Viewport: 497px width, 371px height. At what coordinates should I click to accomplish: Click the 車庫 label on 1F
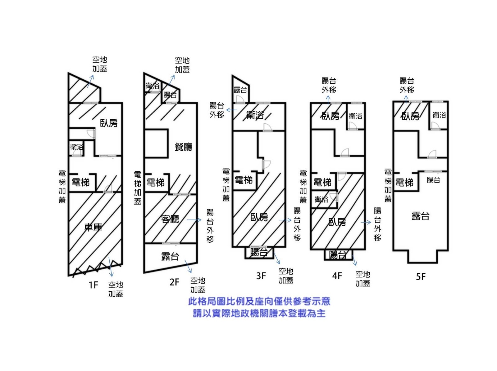(93, 227)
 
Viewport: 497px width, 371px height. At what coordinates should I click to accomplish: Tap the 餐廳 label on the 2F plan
(183, 147)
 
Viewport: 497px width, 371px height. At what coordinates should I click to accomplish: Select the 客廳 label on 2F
(170, 219)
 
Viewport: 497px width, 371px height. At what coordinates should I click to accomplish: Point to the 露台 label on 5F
(421, 216)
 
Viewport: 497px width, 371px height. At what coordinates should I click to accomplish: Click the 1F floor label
(93, 285)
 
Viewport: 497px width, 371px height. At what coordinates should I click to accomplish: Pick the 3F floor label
(261, 276)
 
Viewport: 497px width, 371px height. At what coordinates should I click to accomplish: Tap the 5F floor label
(421, 276)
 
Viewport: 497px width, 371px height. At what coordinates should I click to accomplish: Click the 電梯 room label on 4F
(322, 183)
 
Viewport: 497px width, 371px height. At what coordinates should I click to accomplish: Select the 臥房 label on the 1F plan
(109, 123)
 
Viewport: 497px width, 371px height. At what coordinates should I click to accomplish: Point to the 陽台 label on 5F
(433, 180)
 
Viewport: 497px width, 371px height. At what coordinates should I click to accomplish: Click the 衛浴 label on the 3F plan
(255, 116)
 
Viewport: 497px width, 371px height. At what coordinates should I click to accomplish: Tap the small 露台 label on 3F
(240, 90)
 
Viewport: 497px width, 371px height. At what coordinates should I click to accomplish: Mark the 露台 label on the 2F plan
(170, 256)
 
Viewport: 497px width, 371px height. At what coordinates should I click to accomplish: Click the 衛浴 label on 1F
(76, 147)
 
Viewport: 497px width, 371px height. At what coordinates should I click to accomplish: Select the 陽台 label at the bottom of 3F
(259, 252)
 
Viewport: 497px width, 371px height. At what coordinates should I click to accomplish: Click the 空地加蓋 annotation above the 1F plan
(100, 64)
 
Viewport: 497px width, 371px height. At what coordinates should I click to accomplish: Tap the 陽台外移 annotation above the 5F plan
(407, 85)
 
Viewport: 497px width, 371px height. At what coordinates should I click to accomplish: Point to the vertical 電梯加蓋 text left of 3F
(226, 184)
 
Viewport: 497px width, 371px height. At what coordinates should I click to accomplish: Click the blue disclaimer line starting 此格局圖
(259, 301)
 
